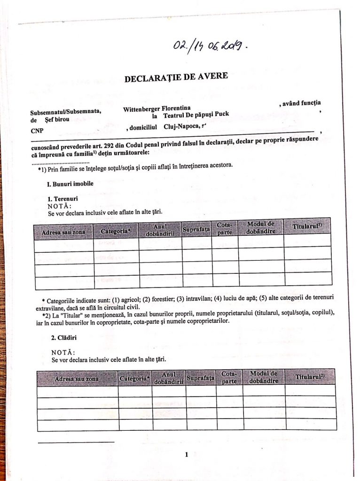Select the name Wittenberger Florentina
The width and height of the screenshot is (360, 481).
coord(157,109)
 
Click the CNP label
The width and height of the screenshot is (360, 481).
coord(36,131)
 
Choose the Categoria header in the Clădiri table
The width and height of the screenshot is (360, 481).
coord(134,378)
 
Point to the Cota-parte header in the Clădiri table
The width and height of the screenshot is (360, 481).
coord(229,377)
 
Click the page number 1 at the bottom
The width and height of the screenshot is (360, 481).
coord(187,454)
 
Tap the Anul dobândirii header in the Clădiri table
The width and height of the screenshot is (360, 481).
coord(168,378)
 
